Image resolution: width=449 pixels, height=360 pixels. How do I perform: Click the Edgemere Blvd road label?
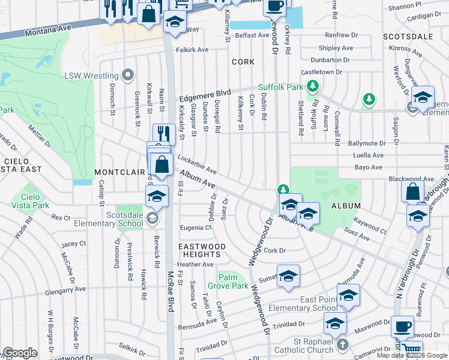[205, 95]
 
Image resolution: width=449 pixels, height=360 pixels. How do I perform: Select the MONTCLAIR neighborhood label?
[120, 172]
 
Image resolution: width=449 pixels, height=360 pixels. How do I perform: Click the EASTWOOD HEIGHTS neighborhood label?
[201, 251]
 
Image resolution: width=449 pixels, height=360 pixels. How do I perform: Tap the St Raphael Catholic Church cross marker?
[342, 345]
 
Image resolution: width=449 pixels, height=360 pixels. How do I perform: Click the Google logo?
[20, 353]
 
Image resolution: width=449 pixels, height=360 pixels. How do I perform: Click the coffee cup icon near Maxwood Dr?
[402, 327]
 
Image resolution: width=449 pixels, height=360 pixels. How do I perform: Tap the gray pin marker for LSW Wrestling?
[127, 76]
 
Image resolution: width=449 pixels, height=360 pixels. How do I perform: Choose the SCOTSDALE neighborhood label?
[408, 37]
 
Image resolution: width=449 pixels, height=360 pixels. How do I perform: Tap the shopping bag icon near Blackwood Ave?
[413, 192]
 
